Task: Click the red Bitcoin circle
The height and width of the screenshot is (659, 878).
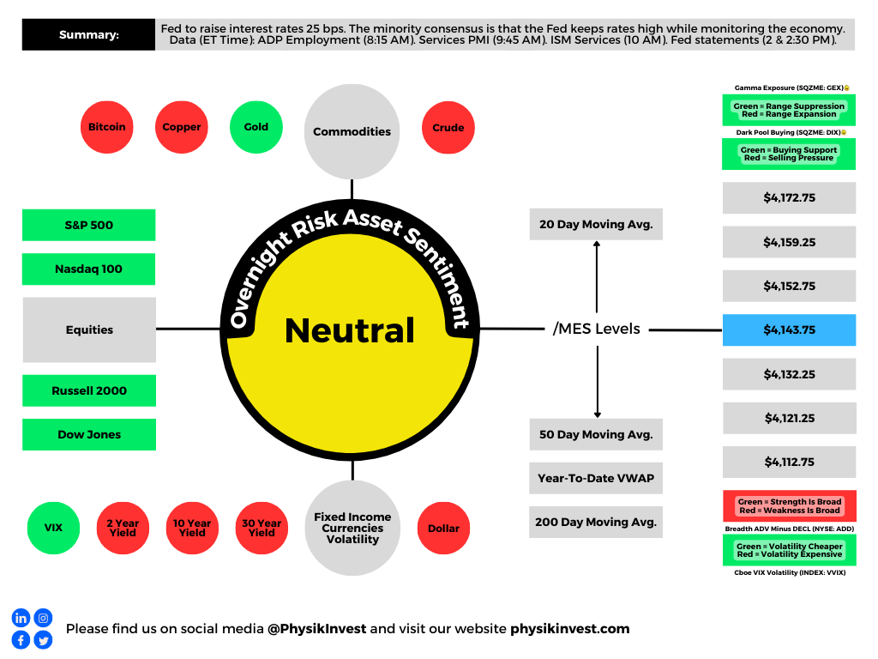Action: coord(106,127)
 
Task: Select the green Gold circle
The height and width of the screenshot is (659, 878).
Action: coord(256,127)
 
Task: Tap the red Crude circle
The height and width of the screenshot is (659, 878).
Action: coord(448,128)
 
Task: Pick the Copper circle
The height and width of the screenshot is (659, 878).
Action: coord(182,127)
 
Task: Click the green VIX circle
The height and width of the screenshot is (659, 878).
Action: coord(53,528)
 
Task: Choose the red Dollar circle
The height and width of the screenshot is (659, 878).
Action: coord(443,528)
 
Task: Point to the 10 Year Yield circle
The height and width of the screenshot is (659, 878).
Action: coord(192,528)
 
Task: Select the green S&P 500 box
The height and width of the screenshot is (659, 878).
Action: coord(89,225)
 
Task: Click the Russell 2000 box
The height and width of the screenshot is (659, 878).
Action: coord(89,390)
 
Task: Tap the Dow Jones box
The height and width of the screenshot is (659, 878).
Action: coord(89,434)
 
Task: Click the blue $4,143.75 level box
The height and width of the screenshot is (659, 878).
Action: coord(789,329)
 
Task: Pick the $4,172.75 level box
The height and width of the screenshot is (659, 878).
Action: coord(789,197)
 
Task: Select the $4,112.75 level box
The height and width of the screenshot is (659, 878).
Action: coord(789,462)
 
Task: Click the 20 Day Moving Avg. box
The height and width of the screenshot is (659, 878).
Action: coord(596,225)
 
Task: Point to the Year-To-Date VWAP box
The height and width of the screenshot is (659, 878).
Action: coord(596,478)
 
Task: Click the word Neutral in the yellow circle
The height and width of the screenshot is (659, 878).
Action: coord(350,330)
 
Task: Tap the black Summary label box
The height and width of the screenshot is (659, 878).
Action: coord(88,35)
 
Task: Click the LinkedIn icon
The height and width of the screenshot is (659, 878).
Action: coord(21,618)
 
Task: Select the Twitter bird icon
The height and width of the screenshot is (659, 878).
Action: coord(43,639)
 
